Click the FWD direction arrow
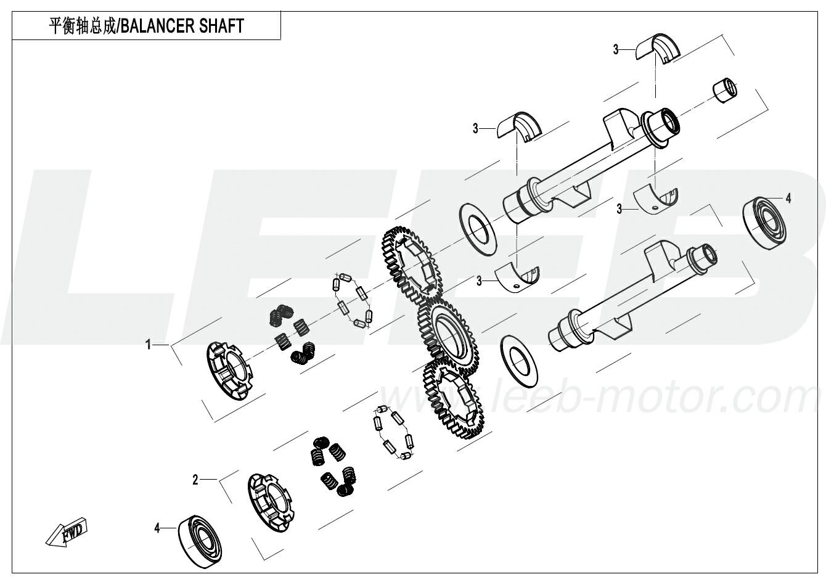tap(67, 533)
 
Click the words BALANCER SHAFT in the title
tap(182, 26)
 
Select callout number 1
tap(148, 345)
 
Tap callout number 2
tap(195, 480)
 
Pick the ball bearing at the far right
tap(764, 224)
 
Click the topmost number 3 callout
tap(616, 49)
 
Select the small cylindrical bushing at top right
tap(725, 91)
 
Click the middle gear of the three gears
tap(448, 337)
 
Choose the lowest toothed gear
tap(454, 398)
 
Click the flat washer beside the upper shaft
tap(478, 229)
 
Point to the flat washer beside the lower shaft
tap(519, 361)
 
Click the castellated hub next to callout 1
tap(230, 371)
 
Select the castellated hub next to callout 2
tap(271, 503)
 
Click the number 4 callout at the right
tap(788, 199)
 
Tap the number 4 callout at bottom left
tap(157, 528)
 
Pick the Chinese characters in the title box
tap(82, 26)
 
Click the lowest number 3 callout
tap(479, 281)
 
